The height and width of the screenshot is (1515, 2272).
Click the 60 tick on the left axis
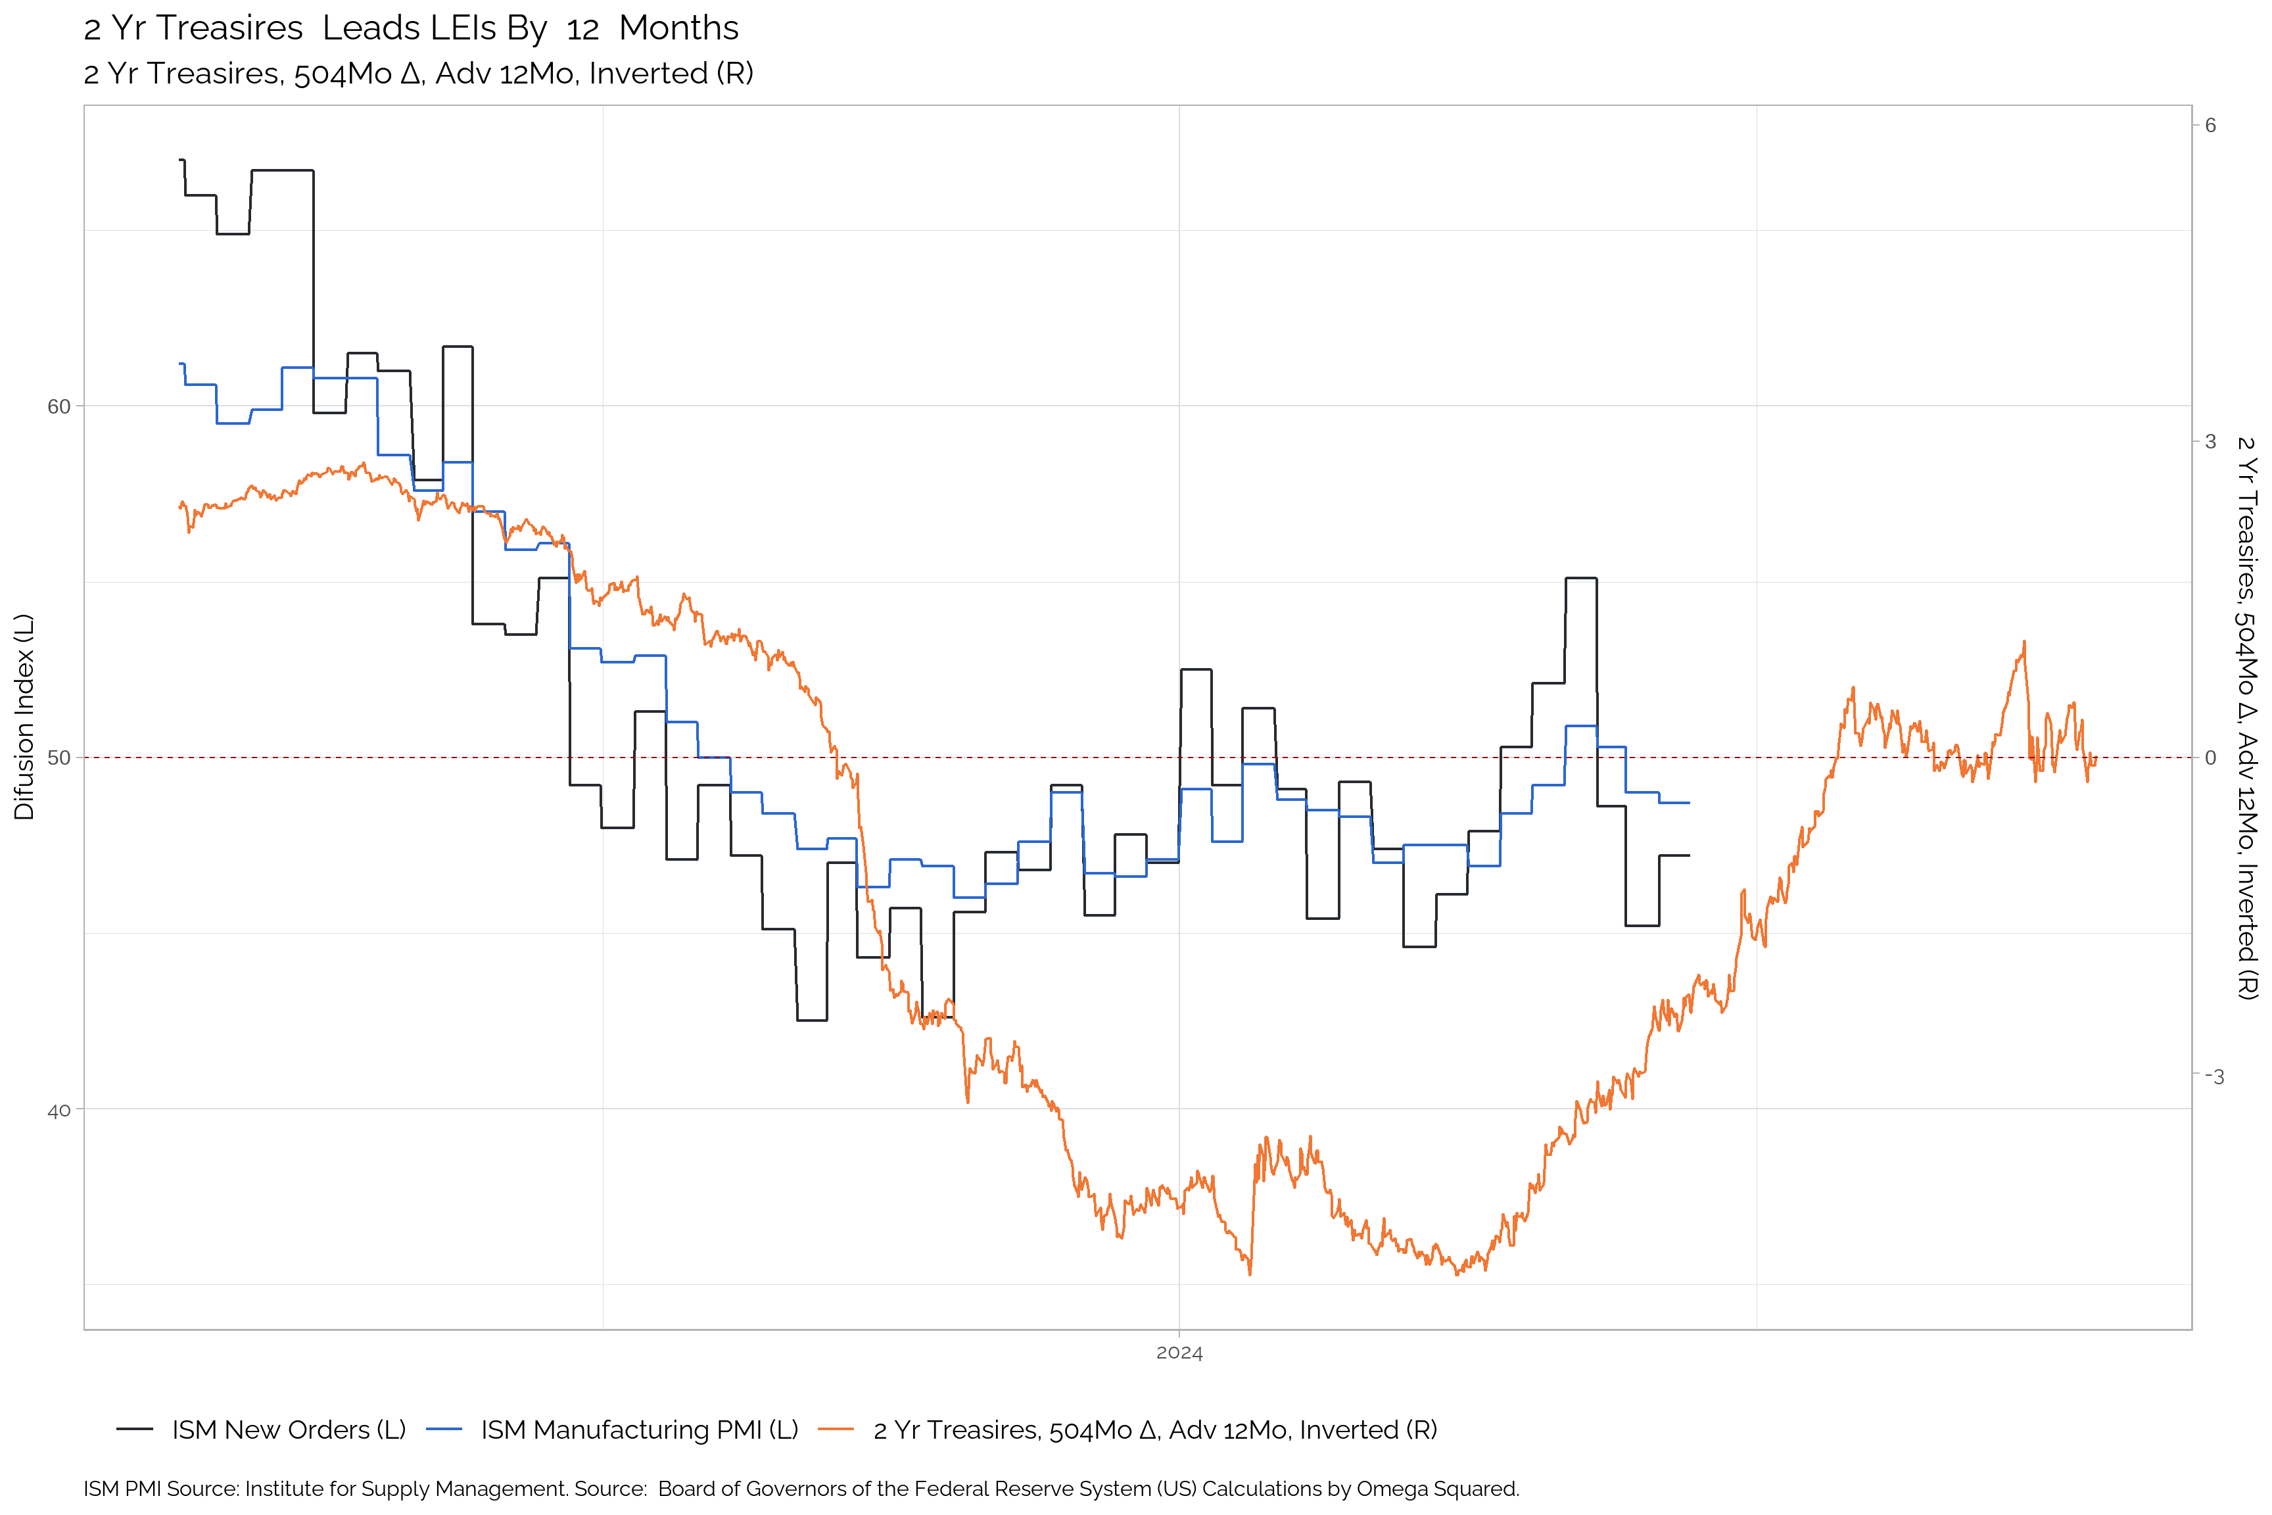coord(59,407)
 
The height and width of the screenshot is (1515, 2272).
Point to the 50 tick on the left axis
coord(59,757)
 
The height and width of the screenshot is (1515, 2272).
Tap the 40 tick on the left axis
coord(59,1110)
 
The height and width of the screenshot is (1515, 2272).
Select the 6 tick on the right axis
coord(2210,125)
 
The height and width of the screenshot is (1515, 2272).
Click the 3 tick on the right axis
coord(2210,442)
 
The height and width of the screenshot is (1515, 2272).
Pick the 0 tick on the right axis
coord(2210,758)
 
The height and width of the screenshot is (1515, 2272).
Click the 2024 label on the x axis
coord(1179,1353)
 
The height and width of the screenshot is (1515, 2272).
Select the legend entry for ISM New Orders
coord(288,1430)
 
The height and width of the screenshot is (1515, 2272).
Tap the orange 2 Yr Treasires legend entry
coord(1154,1430)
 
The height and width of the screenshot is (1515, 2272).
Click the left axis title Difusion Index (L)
coord(24,717)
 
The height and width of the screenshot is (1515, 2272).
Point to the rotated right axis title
coord(2247,717)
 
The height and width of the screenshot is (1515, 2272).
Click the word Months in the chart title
coord(678,28)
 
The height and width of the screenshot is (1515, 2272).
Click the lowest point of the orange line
coord(1250,1274)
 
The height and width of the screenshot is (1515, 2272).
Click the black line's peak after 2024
coord(1580,578)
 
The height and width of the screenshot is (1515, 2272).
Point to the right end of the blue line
coord(1688,803)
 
